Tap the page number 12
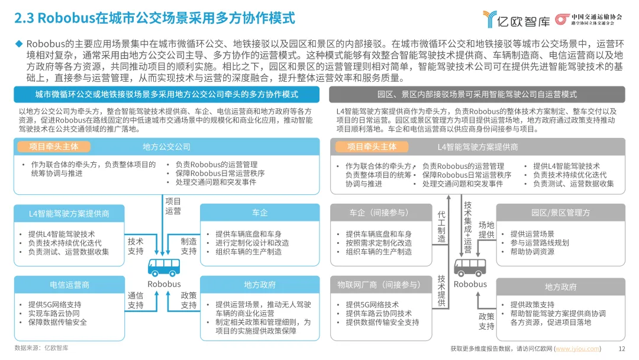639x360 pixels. (621, 349)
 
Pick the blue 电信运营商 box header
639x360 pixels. (70, 285)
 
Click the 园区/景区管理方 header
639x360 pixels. (560, 213)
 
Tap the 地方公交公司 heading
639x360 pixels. (166, 146)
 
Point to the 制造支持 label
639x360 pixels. (189, 246)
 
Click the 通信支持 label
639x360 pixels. (135, 300)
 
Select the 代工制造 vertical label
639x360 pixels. (441, 226)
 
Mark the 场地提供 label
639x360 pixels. (486, 230)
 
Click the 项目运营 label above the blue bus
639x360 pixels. (173, 205)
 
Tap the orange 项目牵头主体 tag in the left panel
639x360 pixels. (53, 146)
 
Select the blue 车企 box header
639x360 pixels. (260, 213)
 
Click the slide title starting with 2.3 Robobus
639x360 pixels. (154, 18)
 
